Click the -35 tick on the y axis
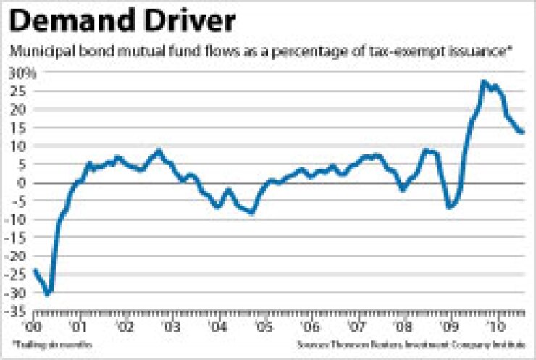pyautogui.click(x=16, y=311)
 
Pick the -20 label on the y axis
pyautogui.click(x=16, y=256)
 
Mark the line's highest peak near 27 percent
pyautogui.click(x=483, y=82)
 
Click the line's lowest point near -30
pyautogui.click(x=48, y=293)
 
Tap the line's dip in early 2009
pyautogui.click(x=449, y=208)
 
